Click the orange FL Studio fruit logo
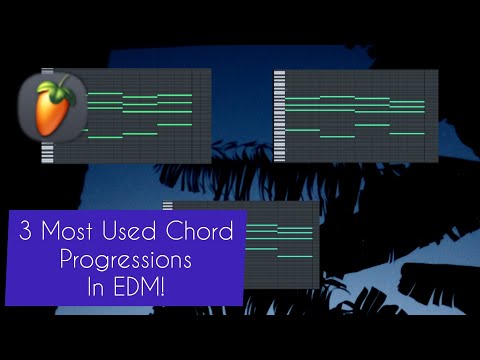(45, 108)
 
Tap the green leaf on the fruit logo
(59, 82)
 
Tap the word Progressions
(124, 258)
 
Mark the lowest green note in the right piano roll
(337, 136)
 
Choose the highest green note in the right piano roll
(337, 97)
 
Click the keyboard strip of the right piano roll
(279, 115)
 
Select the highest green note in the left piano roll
(105, 94)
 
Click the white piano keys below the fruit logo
(47, 153)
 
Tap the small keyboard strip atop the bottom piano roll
(167, 206)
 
